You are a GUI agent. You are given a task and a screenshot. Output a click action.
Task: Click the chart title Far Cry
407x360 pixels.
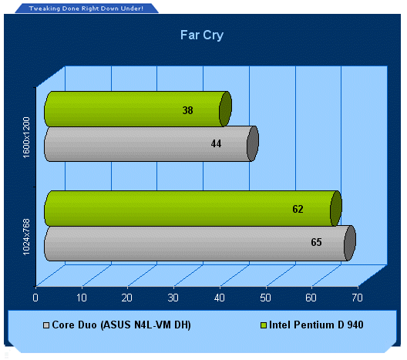(202, 35)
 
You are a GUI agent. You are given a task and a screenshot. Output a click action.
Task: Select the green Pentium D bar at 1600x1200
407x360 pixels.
(138, 109)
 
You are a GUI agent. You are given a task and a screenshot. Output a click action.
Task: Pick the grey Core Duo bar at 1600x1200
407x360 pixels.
(151, 144)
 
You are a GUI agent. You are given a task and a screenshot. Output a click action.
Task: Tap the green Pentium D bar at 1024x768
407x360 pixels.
(193, 208)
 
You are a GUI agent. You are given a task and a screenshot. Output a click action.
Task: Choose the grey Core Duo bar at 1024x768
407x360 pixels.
(200, 243)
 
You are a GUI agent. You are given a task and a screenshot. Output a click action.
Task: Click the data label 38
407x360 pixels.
(187, 110)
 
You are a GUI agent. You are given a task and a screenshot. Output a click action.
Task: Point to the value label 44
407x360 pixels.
(216, 143)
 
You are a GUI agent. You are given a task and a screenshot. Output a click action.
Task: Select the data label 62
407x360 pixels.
(298, 209)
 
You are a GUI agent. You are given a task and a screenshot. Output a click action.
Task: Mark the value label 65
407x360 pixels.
(316, 242)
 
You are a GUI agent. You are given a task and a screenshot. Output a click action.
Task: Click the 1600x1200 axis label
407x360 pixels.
(26, 137)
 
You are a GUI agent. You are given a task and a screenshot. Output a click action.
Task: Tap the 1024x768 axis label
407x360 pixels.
(26, 237)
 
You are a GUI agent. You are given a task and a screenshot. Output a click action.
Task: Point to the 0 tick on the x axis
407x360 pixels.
(35, 298)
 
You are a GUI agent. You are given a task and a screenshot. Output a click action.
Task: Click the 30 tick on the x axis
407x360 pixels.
(173, 298)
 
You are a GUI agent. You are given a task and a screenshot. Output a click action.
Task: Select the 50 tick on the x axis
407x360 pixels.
(265, 298)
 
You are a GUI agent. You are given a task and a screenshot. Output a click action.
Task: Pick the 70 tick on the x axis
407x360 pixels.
(357, 298)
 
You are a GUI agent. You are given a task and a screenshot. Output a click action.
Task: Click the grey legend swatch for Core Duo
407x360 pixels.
(46, 325)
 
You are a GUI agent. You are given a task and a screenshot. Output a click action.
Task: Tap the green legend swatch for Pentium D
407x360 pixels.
(264, 325)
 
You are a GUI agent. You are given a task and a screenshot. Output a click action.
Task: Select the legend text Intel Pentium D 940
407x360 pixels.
(316, 325)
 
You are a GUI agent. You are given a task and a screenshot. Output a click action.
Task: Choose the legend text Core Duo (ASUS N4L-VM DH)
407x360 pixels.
(122, 325)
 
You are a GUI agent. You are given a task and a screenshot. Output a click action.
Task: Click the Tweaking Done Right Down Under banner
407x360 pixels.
(86, 8)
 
